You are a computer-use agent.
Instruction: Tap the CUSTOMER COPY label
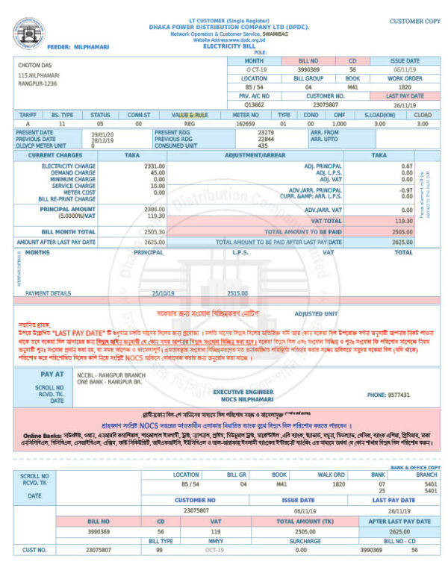tap(414, 21)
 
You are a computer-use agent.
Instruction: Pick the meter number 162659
tap(245, 123)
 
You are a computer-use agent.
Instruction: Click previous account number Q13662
tap(255, 105)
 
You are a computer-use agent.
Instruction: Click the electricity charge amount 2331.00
tap(155, 165)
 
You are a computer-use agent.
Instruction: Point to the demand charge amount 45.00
tap(158, 172)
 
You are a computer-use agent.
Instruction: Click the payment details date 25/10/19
tap(162, 293)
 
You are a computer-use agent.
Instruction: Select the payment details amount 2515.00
tap(237, 293)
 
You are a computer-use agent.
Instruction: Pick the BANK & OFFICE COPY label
tap(416, 467)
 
